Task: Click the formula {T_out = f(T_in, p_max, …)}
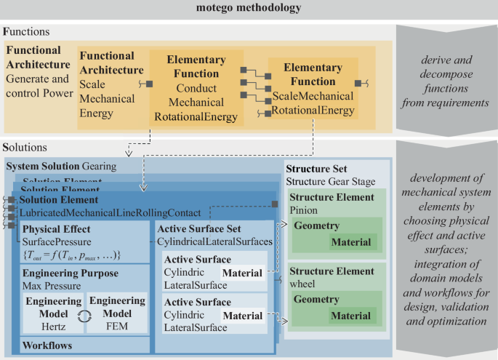[x=71, y=254]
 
